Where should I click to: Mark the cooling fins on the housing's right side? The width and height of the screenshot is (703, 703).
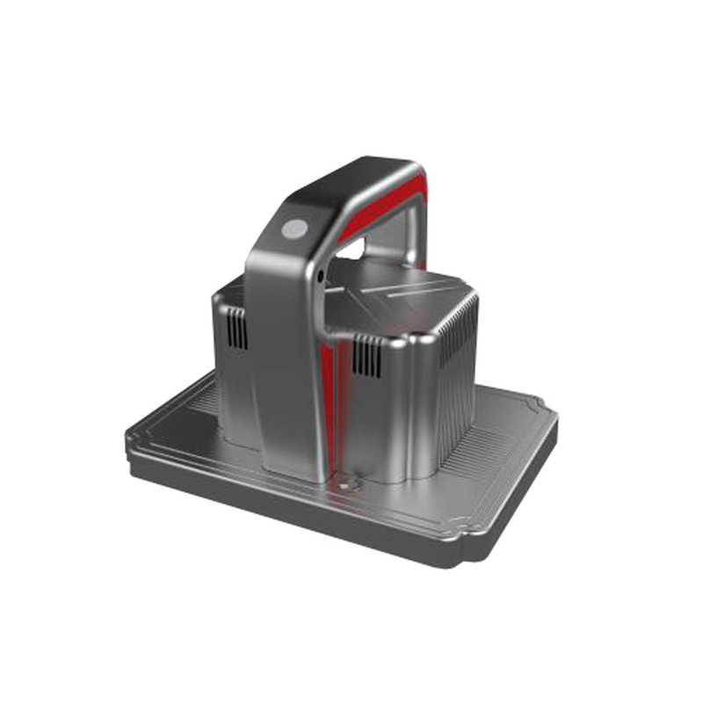tap(457, 369)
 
